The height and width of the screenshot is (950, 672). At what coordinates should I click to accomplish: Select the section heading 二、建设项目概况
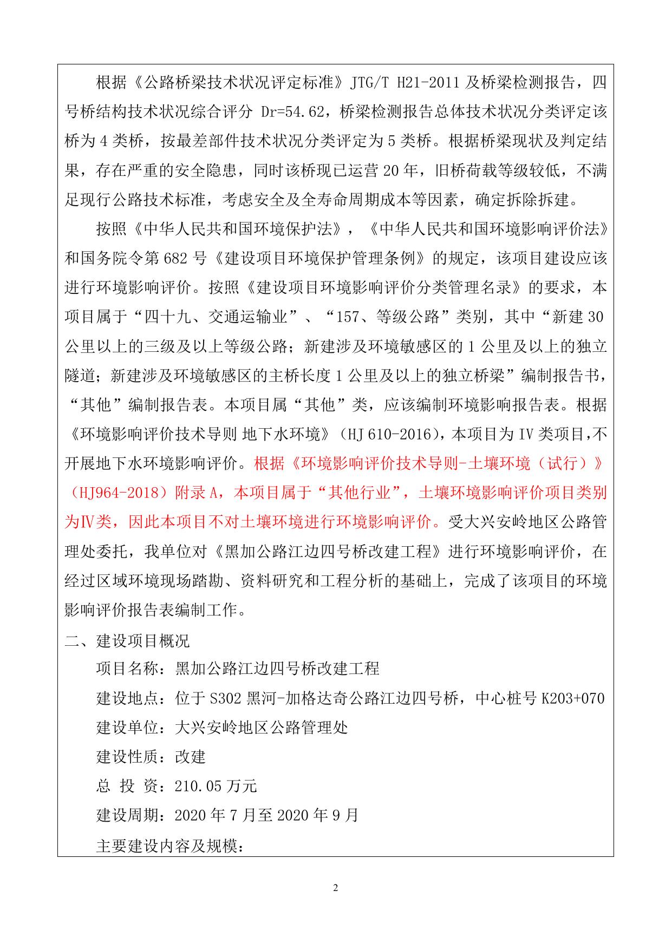pos(127,641)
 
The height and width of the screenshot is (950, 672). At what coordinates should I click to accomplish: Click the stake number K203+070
pos(573,699)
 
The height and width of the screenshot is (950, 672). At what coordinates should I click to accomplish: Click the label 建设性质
pos(127,757)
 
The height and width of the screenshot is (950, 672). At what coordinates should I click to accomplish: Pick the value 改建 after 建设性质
pos(190,757)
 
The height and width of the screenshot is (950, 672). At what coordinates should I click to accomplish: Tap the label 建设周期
pos(127,815)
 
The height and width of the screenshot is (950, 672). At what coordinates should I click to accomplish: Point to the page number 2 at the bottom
pos(336,888)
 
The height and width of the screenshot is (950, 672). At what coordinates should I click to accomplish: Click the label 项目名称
pos(127,670)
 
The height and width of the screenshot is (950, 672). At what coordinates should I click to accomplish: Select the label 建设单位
pos(127,728)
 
